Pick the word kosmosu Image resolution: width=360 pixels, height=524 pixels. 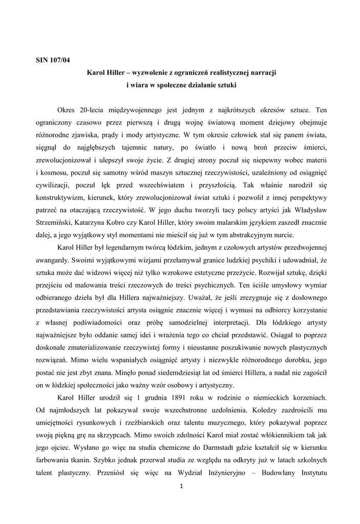pyautogui.click(x=51, y=172)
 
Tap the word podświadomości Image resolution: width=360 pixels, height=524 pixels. pyautogui.click(x=113, y=322)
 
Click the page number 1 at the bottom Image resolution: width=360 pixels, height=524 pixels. pyautogui.click(x=181, y=486)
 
